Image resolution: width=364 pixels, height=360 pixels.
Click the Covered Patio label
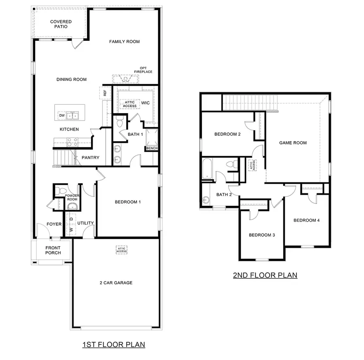(61, 24)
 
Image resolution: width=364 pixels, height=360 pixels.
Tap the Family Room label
(125, 42)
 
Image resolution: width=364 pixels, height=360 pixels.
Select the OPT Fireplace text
(143, 70)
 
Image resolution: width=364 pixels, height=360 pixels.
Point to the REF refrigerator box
(105, 93)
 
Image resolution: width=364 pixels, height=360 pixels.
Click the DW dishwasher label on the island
(62, 116)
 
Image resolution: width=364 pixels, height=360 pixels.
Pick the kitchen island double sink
(73, 116)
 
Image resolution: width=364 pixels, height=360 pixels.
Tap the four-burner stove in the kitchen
(72, 142)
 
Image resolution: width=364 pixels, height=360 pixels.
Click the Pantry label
(91, 158)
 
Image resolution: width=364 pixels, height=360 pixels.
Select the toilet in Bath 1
(119, 123)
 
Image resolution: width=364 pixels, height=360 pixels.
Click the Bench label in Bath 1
(152, 148)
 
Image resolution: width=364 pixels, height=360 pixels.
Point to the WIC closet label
(145, 103)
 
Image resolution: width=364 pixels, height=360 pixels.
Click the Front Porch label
(53, 250)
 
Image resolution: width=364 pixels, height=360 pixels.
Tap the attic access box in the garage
(122, 250)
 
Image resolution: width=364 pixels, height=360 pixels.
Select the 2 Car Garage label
(116, 283)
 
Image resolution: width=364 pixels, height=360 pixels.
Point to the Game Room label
(293, 143)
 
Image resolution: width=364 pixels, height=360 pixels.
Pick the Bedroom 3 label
(262, 235)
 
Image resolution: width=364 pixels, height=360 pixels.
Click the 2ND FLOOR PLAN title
(265, 275)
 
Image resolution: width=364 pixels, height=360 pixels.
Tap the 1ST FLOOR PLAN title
(114, 345)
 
